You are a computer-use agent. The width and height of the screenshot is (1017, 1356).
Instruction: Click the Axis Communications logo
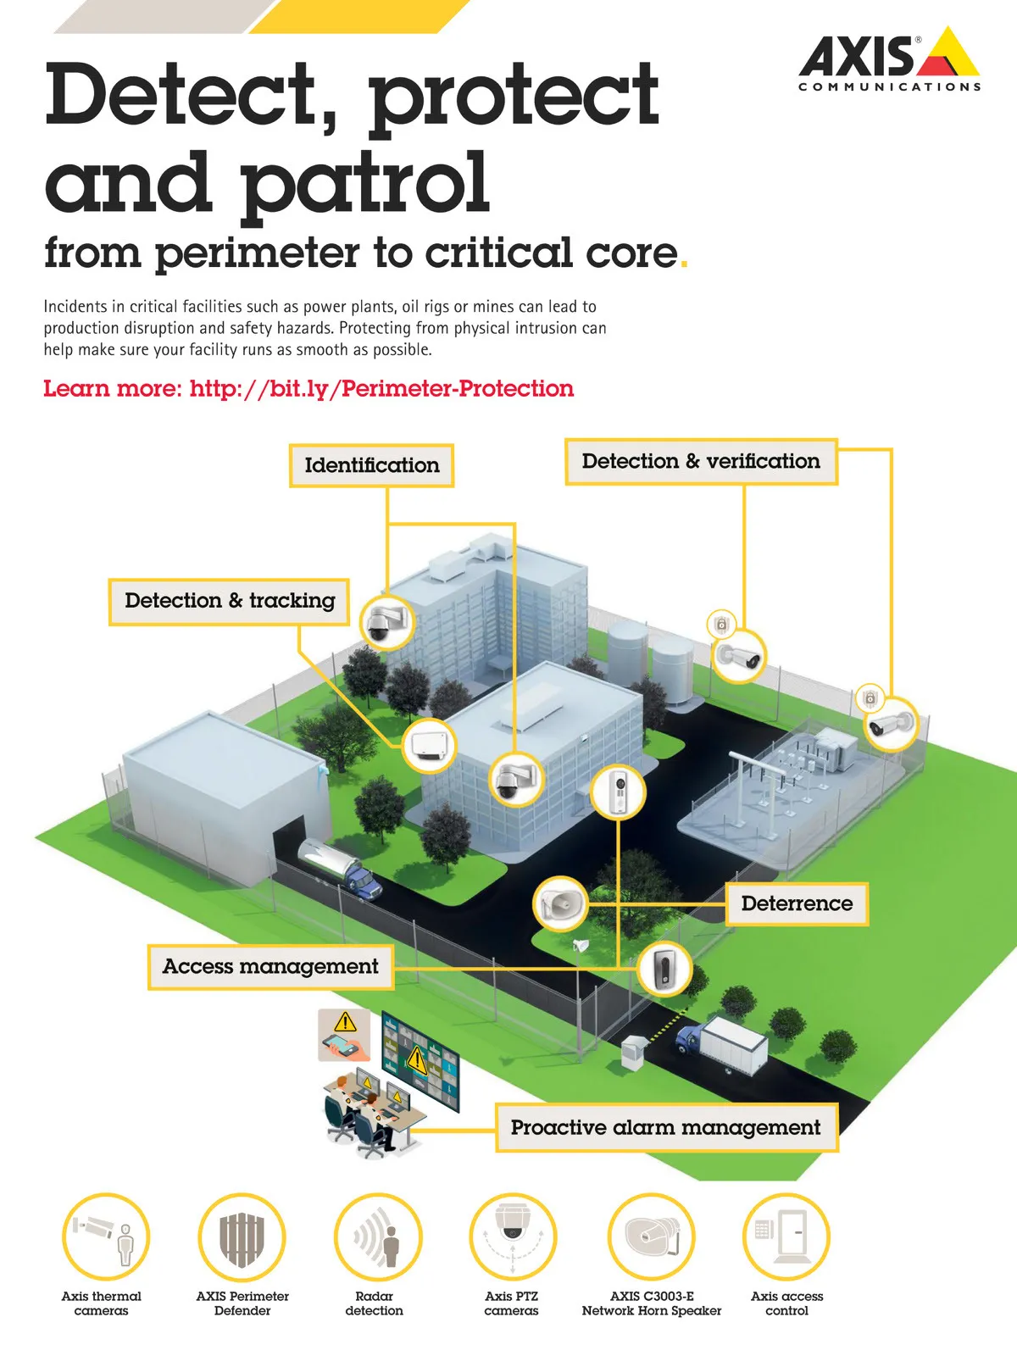point(889,59)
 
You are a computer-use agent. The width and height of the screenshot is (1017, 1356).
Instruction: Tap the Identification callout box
point(372,465)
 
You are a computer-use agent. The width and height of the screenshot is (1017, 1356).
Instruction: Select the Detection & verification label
point(701,462)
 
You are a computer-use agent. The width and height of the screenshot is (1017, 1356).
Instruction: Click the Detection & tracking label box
point(229,602)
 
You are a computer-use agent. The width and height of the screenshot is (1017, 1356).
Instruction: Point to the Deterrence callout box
point(797,903)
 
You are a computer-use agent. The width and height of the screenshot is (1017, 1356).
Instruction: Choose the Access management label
point(270,967)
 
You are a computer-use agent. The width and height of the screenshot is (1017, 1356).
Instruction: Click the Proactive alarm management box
point(666,1127)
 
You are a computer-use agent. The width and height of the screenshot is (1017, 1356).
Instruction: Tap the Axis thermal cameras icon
point(106,1237)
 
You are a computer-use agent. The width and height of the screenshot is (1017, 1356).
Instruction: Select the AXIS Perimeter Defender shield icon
point(242,1237)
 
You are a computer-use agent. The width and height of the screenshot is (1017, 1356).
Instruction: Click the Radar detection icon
point(378,1237)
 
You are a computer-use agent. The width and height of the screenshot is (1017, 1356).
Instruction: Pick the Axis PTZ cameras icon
point(513,1237)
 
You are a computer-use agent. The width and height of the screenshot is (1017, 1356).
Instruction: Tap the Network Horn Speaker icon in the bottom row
point(652,1237)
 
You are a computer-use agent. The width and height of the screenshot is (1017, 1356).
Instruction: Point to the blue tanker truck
point(340,867)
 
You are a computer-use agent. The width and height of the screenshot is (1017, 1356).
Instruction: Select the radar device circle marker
point(429,746)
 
